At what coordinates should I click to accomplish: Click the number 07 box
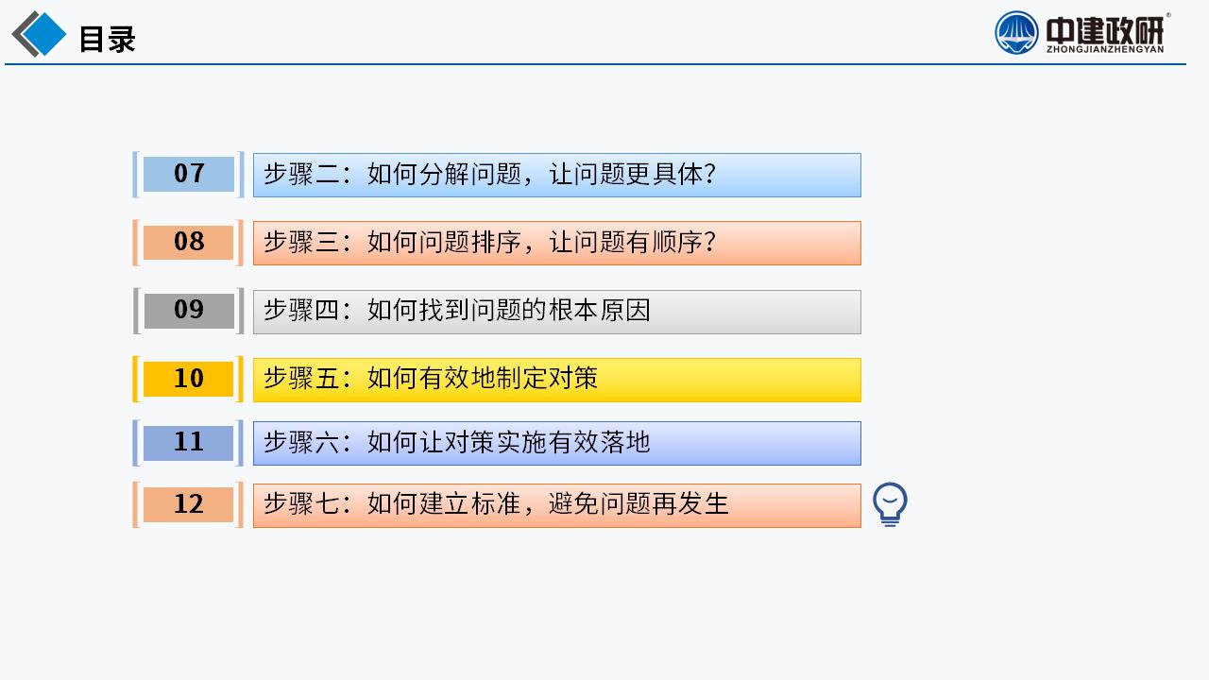tap(188, 175)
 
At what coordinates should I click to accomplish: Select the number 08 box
tap(188, 243)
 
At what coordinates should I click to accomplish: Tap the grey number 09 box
tap(189, 311)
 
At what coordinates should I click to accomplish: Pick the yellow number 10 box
tap(188, 379)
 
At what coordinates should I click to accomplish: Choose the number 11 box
tap(188, 443)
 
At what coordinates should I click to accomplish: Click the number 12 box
tap(188, 504)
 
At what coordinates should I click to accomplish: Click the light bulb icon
tap(890, 504)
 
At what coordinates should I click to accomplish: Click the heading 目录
tap(108, 39)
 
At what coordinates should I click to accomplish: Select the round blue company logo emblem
tap(1016, 33)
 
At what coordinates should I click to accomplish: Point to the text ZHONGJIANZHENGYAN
tap(1105, 50)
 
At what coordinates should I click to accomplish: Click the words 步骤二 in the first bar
tap(301, 175)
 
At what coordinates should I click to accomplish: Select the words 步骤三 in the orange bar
tap(301, 243)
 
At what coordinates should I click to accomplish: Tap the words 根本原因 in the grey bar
tap(600, 311)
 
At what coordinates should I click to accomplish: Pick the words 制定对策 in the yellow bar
tap(547, 379)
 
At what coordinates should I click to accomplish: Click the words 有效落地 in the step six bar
tap(599, 443)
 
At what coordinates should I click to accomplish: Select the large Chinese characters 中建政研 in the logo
tap(1105, 29)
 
